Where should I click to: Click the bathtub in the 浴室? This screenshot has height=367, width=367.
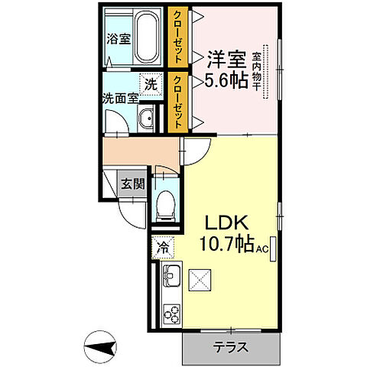[145, 39]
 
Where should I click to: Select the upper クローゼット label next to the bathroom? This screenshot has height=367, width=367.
[177, 31]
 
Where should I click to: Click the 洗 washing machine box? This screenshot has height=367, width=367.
[151, 84]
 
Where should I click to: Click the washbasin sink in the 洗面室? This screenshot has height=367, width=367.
[147, 119]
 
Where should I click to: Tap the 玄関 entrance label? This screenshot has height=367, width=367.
[133, 183]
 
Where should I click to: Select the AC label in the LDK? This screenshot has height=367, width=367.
[262, 249]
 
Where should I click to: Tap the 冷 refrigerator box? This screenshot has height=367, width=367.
[163, 247]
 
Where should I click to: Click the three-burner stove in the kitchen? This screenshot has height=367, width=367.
[171, 314]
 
